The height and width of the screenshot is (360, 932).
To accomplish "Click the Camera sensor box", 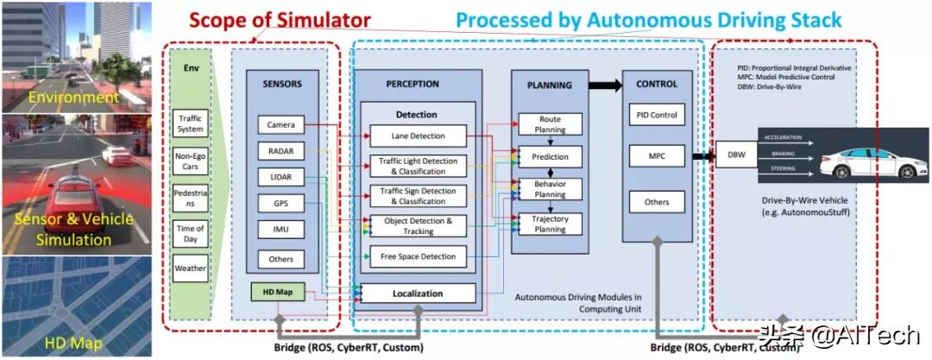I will coord(280,125).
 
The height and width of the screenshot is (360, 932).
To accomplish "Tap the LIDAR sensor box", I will coord(280,178).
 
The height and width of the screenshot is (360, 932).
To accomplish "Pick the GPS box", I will coord(280,205).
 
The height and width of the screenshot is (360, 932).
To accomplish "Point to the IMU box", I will coord(280,231).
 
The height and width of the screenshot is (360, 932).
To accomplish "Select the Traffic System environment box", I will coord(190,123).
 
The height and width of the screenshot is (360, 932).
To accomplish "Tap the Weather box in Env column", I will coord(190,268).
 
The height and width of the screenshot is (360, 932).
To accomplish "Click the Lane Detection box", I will coord(419,136).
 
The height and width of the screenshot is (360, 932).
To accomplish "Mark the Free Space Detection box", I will coord(419,256).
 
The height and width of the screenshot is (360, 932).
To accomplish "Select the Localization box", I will coord(419,294).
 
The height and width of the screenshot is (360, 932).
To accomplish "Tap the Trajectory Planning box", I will coord(550,224).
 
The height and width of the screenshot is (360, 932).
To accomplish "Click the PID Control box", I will coord(658,115).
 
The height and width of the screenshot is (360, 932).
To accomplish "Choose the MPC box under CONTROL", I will coord(658,157).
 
